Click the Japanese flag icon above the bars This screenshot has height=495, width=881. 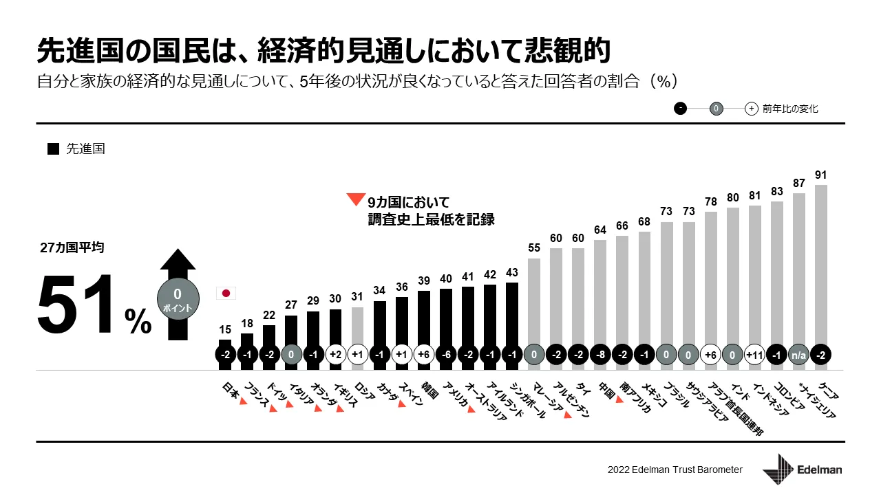(x=226, y=294)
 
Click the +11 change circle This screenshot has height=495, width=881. (x=754, y=355)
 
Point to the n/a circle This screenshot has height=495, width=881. (x=798, y=355)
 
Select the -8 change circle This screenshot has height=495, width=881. (x=599, y=355)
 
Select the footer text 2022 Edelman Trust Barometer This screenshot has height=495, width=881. (x=675, y=470)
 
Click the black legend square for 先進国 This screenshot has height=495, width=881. (x=53, y=149)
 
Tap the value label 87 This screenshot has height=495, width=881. (x=798, y=184)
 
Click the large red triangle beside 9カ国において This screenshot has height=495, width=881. (x=355, y=200)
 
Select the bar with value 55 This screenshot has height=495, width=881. (x=533, y=302)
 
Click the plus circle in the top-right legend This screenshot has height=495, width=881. (x=752, y=109)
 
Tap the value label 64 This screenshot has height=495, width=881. (x=599, y=230)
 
